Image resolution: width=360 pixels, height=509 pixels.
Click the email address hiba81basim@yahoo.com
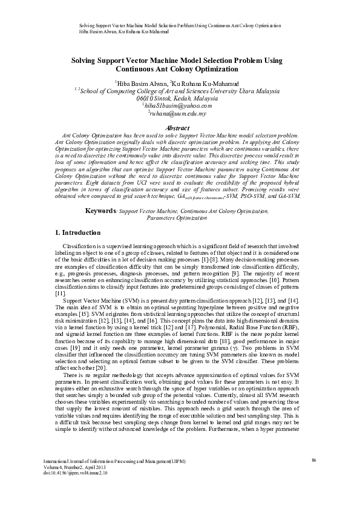coord(178,105)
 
